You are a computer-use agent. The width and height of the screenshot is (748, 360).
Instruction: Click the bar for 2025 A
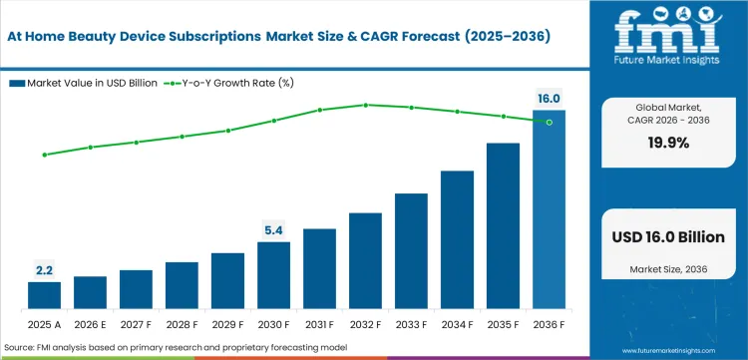44,295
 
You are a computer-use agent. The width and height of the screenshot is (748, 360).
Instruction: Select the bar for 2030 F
273,274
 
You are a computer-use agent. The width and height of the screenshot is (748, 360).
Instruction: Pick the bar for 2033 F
411,250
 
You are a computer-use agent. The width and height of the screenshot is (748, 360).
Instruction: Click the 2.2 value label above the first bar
44,270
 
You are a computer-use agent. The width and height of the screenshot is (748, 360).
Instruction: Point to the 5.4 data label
273,230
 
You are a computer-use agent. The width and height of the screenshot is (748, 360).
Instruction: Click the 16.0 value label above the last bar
549,99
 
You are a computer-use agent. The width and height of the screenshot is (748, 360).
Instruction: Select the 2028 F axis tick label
182,324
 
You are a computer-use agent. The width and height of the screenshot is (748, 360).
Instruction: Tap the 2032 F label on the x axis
365,324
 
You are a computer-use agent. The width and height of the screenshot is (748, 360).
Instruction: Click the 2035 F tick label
503,324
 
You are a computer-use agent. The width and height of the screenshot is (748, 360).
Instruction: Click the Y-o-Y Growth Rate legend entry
228,83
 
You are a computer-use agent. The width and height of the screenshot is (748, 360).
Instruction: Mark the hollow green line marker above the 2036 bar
549,122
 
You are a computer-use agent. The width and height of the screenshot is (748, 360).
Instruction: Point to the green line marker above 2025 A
44,155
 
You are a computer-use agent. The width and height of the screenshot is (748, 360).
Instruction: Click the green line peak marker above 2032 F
365,105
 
